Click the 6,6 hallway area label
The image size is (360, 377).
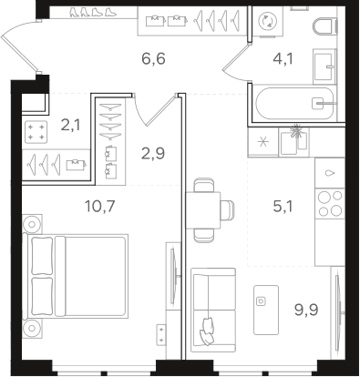click(153, 58)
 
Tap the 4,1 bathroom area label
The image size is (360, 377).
click(283, 58)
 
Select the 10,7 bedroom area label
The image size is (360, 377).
click(99, 207)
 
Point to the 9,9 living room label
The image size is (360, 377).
click(306, 310)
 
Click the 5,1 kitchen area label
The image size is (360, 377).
click(283, 207)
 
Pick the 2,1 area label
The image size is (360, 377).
click(71, 125)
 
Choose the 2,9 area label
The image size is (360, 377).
click(153, 153)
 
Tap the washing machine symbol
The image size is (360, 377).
click(267, 21)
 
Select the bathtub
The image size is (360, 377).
click(294, 103)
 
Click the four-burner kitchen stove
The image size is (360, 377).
click(330, 203)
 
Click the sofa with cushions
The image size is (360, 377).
click(213, 310)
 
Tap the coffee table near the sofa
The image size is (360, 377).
click(266, 310)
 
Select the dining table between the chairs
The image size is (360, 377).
click(203, 210)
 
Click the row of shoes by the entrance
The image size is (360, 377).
click(93, 12)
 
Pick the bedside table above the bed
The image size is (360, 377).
click(32, 224)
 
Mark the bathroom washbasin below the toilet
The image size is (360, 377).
click(324, 66)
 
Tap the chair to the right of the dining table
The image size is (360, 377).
click(228, 210)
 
